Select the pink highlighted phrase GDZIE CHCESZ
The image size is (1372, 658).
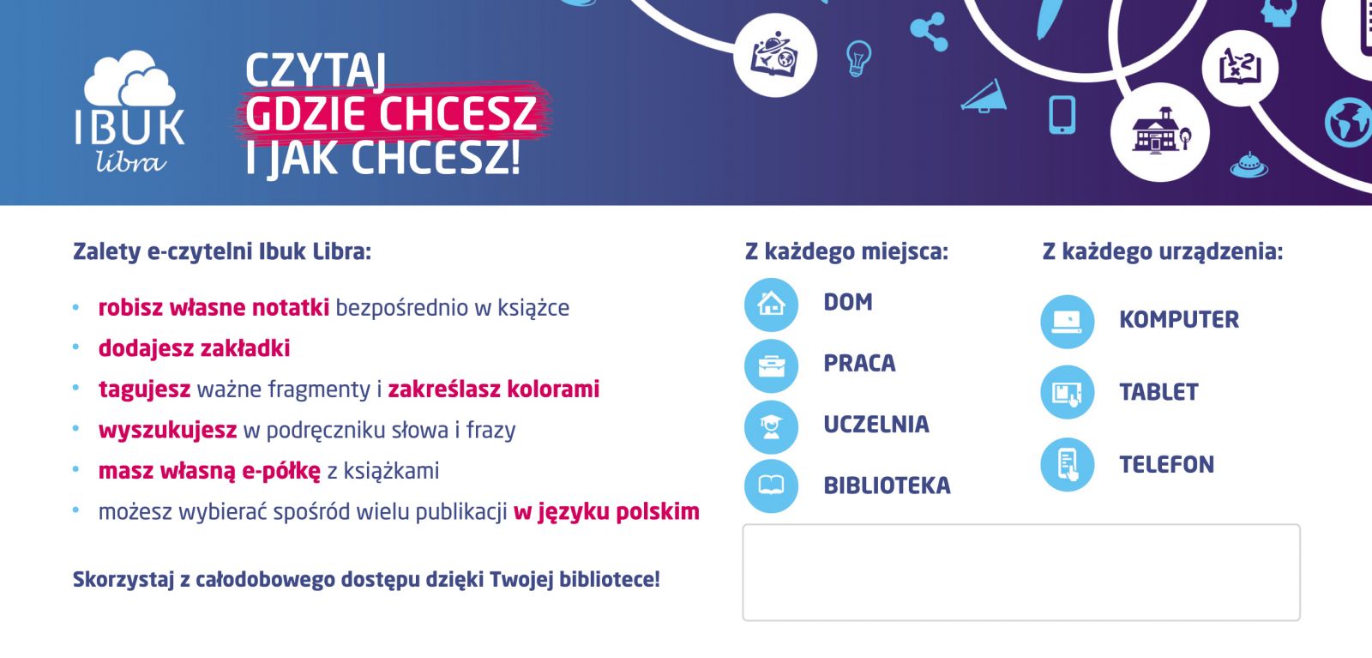(x=391, y=113)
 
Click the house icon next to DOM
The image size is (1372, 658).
(x=771, y=305)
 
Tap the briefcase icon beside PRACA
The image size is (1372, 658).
(x=771, y=365)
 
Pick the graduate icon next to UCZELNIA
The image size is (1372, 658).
(x=771, y=426)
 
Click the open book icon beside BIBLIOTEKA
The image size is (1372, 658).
(x=771, y=486)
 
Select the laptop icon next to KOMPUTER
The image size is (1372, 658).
(x=1067, y=322)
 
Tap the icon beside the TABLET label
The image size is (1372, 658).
(x=1067, y=392)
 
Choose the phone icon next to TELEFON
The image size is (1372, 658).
(x=1067, y=464)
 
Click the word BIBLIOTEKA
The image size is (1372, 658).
(x=887, y=486)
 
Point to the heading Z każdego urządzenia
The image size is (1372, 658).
(x=1163, y=252)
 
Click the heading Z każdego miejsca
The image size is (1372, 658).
(x=846, y=252)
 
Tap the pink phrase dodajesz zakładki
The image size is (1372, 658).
(x=194, y=348)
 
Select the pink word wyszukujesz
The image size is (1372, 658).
(x=168, y=430)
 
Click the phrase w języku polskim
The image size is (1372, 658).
(x=606, y=511)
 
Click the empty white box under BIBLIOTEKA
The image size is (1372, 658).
(x=1021, y=572)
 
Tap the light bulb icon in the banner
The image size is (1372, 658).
(x=858, y=57)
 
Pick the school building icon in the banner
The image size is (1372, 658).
(x=1159, y=131)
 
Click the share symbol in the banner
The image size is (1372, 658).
(x=930, y=32)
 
